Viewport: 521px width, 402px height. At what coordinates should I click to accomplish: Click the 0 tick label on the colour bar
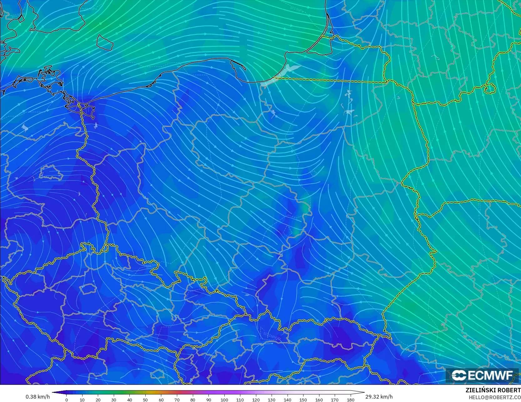[x=67, y=400]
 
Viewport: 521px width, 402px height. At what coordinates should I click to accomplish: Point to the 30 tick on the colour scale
[x=114, y=400]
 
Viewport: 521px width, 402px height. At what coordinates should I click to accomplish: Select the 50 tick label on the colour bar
[x=145, y=400]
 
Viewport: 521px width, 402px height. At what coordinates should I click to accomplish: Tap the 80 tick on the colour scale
[x=193, y=400]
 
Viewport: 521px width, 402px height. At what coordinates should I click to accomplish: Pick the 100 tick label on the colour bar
[x=224, y=400]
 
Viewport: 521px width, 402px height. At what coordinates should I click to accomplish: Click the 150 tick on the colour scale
[x=303, y=400]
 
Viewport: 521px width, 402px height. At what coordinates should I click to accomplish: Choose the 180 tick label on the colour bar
[x=350, y=400]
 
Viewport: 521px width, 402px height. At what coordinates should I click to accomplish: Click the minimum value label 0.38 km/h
[x=38, y=397]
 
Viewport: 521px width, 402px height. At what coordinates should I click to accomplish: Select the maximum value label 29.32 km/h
[x=379, y=397]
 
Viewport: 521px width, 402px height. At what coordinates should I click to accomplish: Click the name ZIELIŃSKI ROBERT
[x=493, y=390]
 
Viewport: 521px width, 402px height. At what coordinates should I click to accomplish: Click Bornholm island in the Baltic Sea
[x=104, y=42]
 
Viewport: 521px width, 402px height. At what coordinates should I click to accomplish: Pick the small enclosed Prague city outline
[x=88, y=289]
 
